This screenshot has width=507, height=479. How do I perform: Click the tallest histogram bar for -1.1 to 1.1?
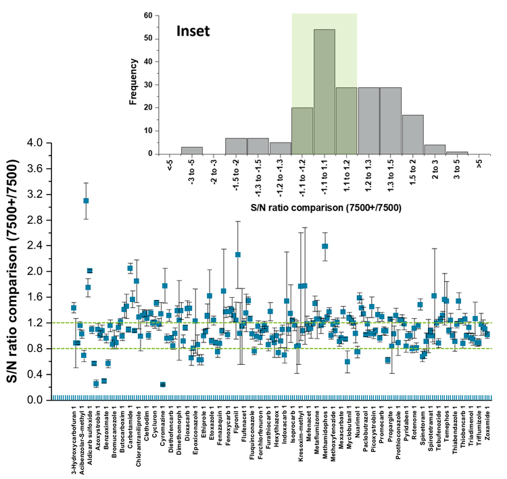pos(324,91)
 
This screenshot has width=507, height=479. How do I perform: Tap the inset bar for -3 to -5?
pos(191,150)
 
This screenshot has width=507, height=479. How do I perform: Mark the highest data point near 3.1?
pos(86,201)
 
